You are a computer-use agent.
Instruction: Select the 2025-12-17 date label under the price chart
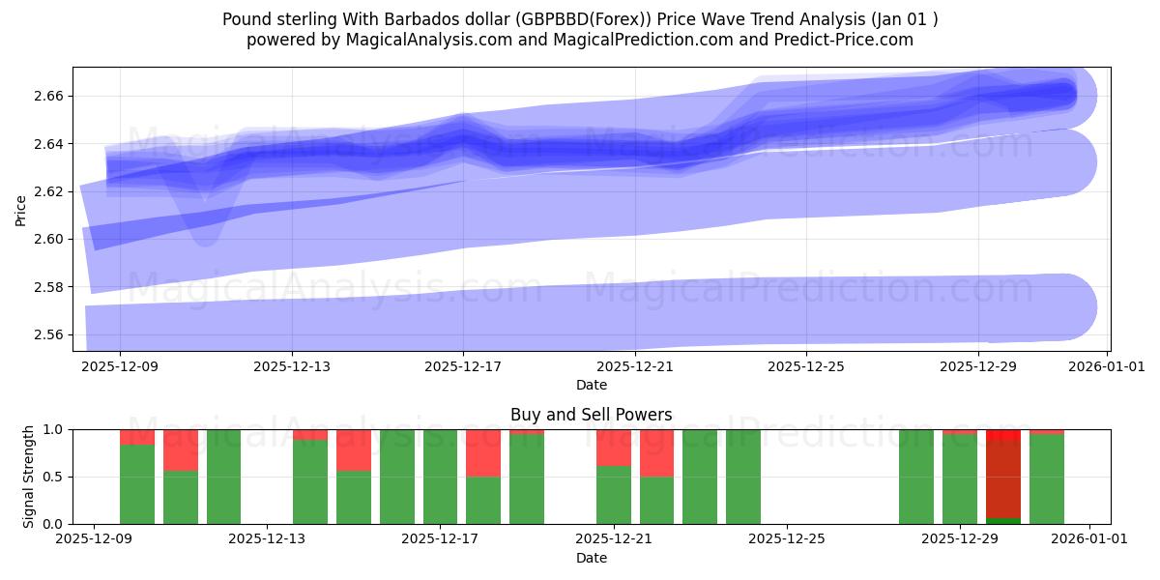[463, 366]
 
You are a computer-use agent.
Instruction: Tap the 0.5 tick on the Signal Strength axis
[54, 477]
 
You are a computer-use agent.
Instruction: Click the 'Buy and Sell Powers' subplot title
[591, 415]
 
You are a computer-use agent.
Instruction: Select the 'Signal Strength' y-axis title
[28, 477]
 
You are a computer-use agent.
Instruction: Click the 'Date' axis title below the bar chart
[591, 558]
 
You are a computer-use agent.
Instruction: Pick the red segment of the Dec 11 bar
[180, 449]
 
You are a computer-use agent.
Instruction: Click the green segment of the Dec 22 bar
[656, 500]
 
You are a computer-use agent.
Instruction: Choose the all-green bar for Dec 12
[223, 477]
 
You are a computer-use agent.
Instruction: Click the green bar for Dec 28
[915, 477]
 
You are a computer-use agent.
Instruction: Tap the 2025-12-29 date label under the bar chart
[959, 538]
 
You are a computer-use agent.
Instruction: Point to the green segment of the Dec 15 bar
[353, 497]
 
